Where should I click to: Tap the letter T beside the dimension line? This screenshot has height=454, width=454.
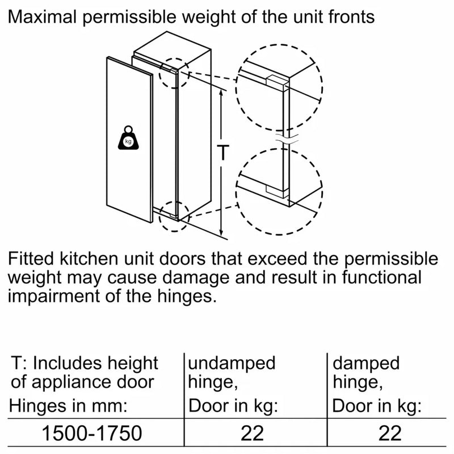coord(225,153)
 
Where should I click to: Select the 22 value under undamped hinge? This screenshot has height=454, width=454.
coord(253,434)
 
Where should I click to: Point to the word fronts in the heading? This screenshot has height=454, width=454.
coord(348,17)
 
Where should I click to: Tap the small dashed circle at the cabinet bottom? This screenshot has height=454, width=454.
coord(174,215)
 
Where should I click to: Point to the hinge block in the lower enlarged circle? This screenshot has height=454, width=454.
coord(277,190)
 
